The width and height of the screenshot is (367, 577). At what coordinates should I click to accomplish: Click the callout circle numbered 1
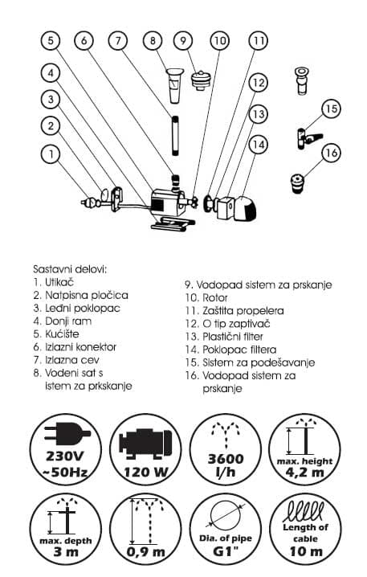[51, 153]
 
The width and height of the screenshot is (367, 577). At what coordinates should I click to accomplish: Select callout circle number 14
[256, 144]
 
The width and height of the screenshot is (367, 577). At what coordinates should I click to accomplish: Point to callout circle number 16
[331, 153]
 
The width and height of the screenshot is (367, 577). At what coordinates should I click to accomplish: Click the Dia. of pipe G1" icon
[223, 530]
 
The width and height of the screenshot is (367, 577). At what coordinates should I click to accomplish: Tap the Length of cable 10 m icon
[306, 530]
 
